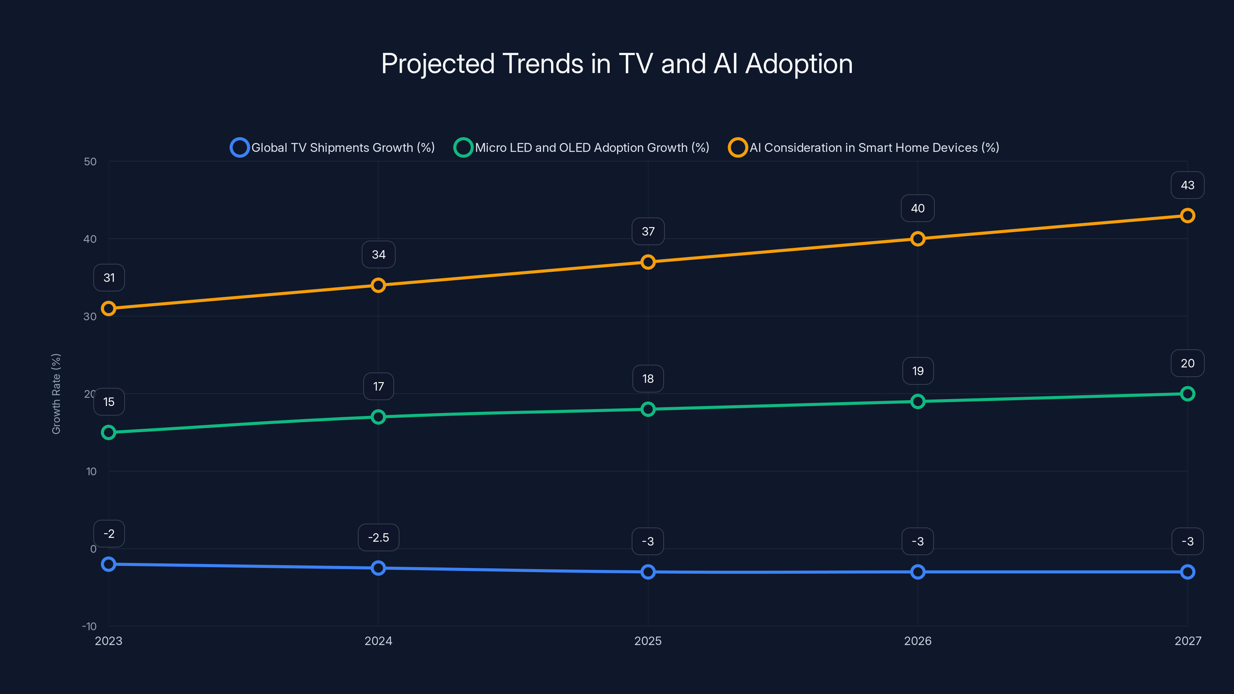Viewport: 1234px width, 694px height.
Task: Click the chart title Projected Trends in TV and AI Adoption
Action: pos(617,64)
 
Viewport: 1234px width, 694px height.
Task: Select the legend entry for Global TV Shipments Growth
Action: pos(332,148)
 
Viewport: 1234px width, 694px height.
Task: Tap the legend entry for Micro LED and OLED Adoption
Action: pos(582,148)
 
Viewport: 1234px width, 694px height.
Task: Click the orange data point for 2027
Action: pos(1187,216)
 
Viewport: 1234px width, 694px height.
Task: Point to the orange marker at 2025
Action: pos(648,262)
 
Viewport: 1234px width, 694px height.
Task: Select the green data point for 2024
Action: pos(378,417)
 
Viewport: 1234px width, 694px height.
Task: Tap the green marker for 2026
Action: pos(917,401)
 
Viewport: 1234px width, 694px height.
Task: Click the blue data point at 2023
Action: pos(109,564)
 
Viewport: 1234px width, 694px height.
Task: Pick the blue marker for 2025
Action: pos(648,572)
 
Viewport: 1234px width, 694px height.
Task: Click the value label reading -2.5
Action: pos(378,537)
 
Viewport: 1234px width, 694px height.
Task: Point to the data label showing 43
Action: pos(1187,185)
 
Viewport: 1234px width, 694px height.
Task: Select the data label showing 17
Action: pos(378,386)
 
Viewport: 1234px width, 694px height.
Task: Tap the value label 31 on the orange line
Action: pos(109,278)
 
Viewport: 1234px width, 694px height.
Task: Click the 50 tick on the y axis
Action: pos(90,162)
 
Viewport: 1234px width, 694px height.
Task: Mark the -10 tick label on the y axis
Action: pos(89,626)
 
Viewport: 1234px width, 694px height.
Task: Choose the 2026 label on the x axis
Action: pos(917,641)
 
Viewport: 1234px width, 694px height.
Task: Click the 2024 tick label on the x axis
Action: pos(378,641)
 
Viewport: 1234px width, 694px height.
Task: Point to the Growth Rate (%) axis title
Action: pos(56,394)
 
